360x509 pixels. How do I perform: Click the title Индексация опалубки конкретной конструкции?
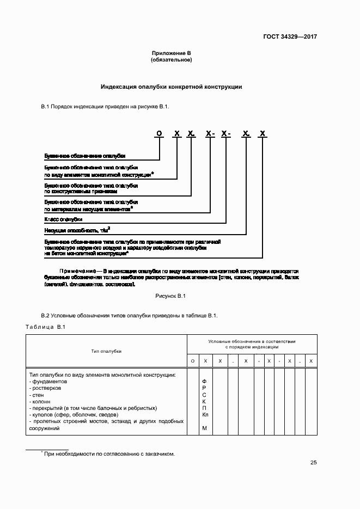pyautogui.click(x=171, y=87)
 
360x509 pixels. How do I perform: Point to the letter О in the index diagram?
pyautogui.click(x=159, y=133)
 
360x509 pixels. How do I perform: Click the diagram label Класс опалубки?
pyautogui.click(x=59, y=220)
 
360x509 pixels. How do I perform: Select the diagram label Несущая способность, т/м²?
pyautogui.click(x=77, y=230)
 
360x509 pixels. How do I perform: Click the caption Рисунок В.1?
pyautogui.click(x=171, y=296)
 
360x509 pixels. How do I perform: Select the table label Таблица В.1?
pyautogui.click(x=45, y=327)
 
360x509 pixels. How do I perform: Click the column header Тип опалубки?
pyautogui.click(x=106, y=351)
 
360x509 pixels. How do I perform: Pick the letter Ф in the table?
pyautogui.click(x=204, y=382)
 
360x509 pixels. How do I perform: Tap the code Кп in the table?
pyautogui.click(x=205, y=415)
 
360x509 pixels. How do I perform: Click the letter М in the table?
pyautogui.click(x=205, y=428)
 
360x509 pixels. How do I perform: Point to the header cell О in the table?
pyautogui.click(x=192, y=361)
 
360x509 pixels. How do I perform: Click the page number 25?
pyautogui.click(x=313, y=463)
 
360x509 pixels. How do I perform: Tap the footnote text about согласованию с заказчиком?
pyautogui.click(x=109, y=453)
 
